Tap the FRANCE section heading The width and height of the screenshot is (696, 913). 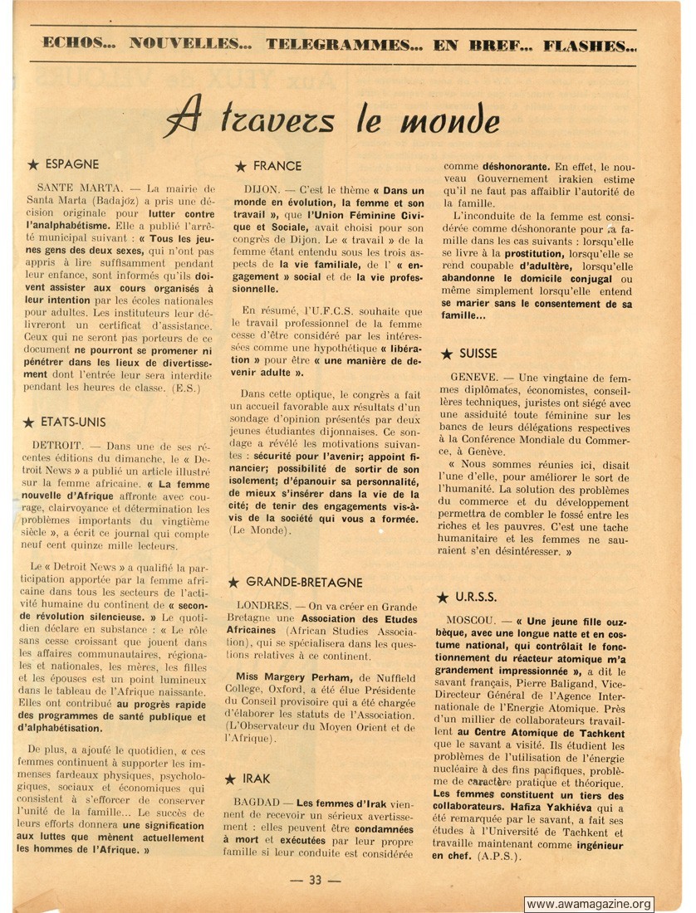(277, 166)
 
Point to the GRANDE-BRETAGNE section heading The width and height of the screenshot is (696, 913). (304, 583)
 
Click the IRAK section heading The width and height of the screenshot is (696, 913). (256, 779)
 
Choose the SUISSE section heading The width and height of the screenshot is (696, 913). (478, 354)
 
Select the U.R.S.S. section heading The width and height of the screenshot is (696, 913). (476, 597)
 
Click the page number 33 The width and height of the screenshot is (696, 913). (315, 881)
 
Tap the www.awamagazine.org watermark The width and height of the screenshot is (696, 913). (589, 904)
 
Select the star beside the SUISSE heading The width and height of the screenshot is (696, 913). (446, 354)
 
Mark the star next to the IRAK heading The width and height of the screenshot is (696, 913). (231, 779)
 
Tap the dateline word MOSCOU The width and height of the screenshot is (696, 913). (473, 621)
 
